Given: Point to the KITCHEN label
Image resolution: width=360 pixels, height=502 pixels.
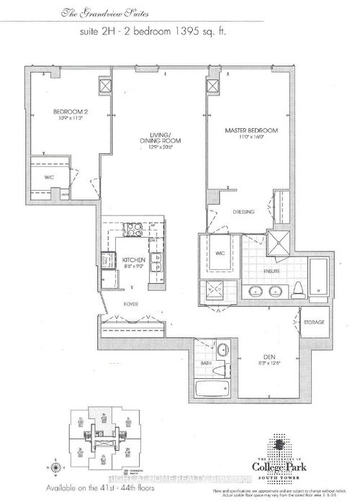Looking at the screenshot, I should (x=135, y=259).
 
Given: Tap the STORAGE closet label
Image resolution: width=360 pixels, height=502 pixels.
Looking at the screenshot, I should (x=314, y=322).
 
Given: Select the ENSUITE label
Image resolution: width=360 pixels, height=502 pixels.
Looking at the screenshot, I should (x=270, y=271).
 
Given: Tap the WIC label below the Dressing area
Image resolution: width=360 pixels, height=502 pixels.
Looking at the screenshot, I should (x=220, y=254).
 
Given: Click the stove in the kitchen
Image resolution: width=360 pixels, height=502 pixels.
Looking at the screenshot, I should (x=133, y=230).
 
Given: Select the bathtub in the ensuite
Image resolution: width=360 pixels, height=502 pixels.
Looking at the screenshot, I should (x=318, y=277).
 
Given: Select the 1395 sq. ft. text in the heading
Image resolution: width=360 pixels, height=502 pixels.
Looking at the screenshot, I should (x=246, y=32).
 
